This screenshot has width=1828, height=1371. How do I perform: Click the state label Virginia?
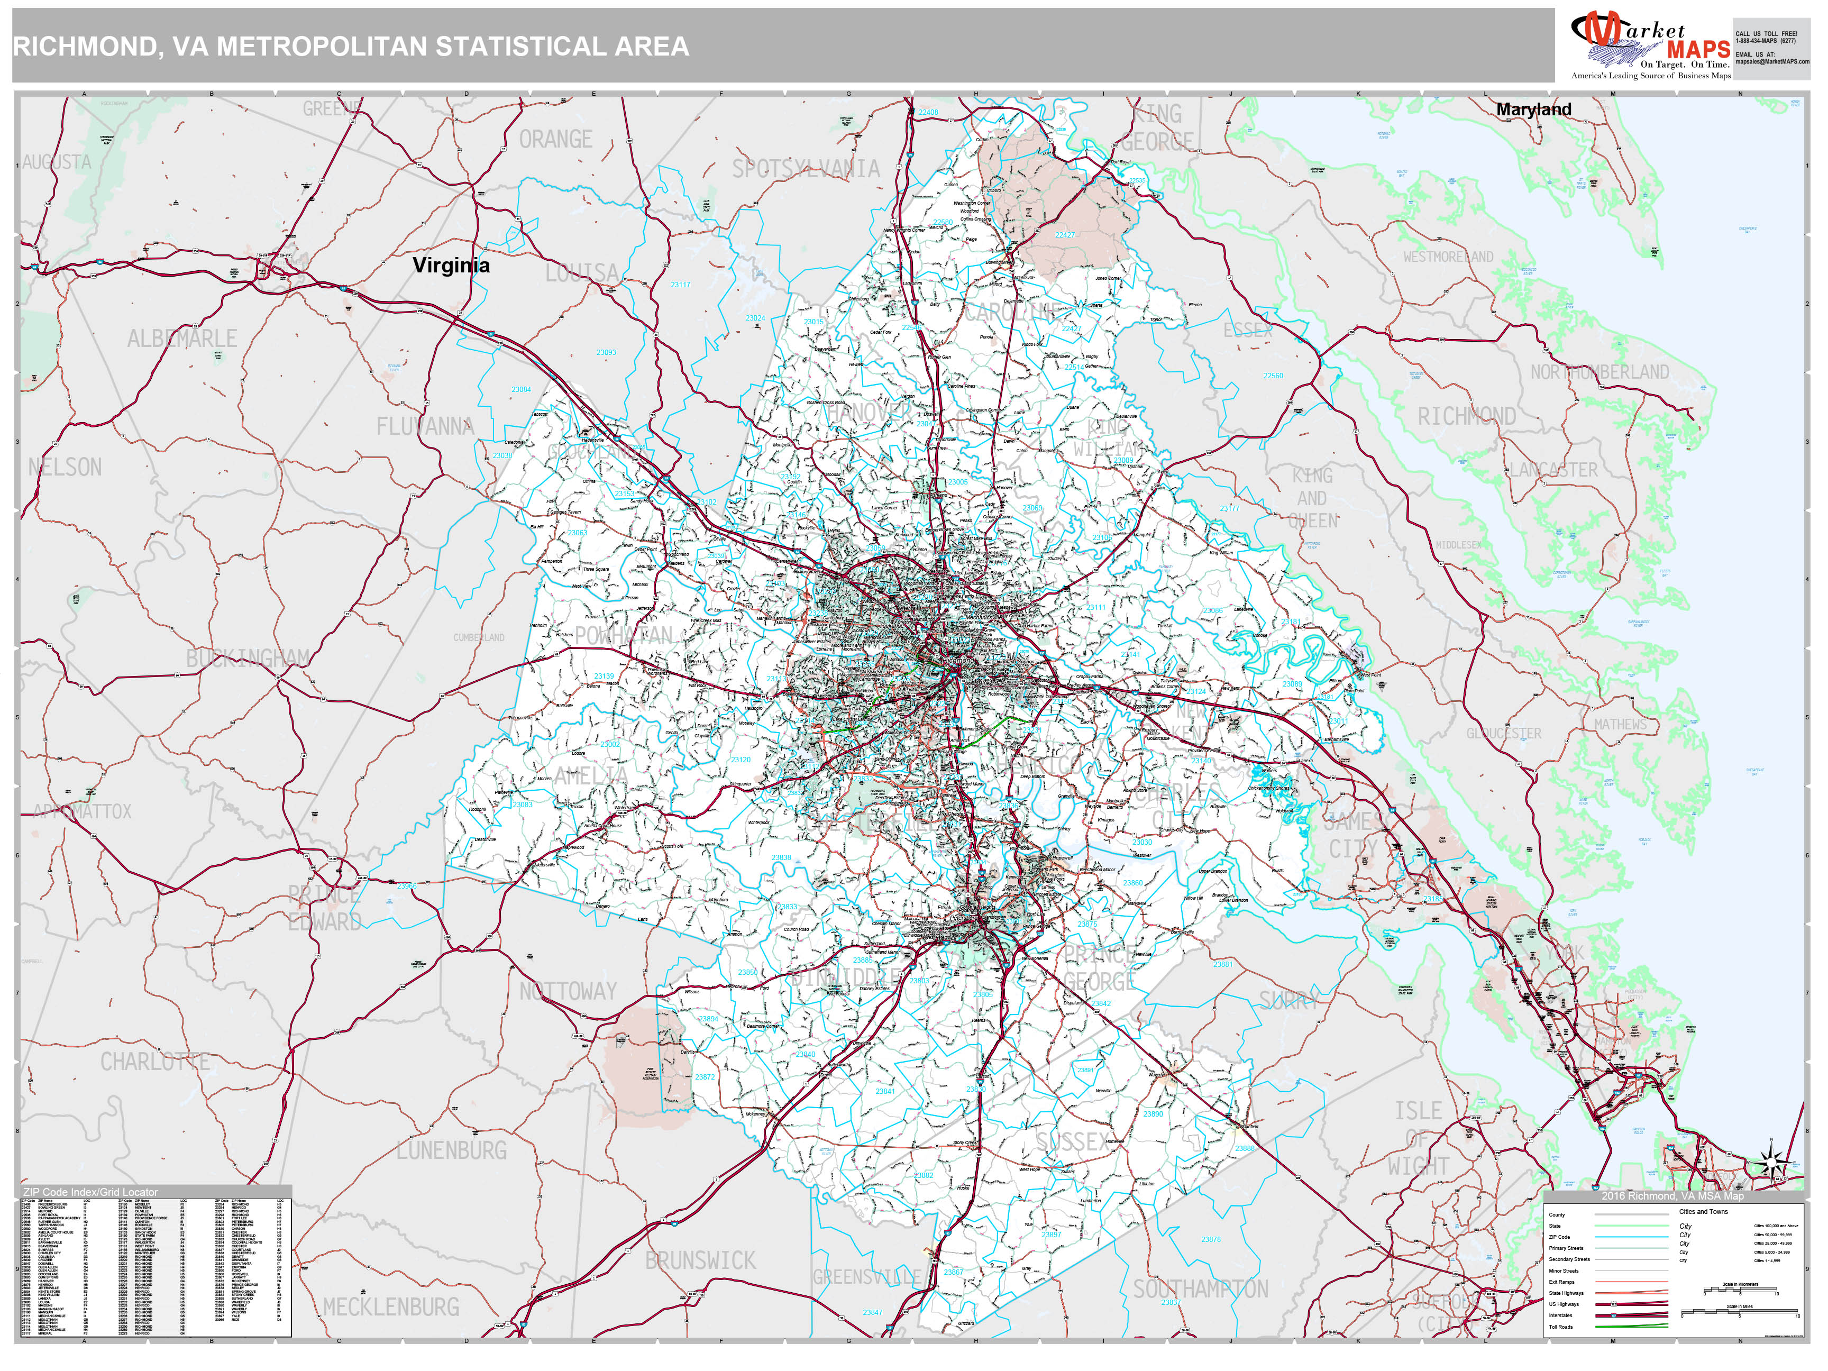coord(451,266)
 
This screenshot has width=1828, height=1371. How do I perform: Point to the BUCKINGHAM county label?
coord(248,659)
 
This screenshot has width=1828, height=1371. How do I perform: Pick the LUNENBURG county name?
coord(451,1149)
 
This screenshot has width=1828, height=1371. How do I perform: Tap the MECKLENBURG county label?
coord(391,1306)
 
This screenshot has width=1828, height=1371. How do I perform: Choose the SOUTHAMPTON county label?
coord(1200,1289)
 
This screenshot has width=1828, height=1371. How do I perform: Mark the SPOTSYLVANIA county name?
coord(806,169)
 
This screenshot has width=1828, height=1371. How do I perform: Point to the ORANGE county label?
coord(555,140)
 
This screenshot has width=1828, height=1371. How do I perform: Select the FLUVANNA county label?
coord(425,426)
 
